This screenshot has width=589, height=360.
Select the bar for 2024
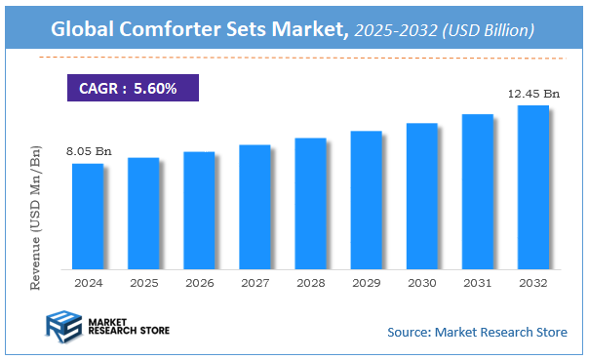point(88,216)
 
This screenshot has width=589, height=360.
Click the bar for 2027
point(255,206)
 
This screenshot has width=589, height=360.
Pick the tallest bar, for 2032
point(532,186)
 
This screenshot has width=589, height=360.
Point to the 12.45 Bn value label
point(535,94)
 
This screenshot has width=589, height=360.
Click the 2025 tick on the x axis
point(143,282)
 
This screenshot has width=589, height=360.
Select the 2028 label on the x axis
point(310,282)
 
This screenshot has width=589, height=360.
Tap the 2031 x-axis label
point(477,282)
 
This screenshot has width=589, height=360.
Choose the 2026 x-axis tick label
point(199,282)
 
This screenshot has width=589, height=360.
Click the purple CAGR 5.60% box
point(133,89)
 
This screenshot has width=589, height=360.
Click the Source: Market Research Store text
point(477,332)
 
